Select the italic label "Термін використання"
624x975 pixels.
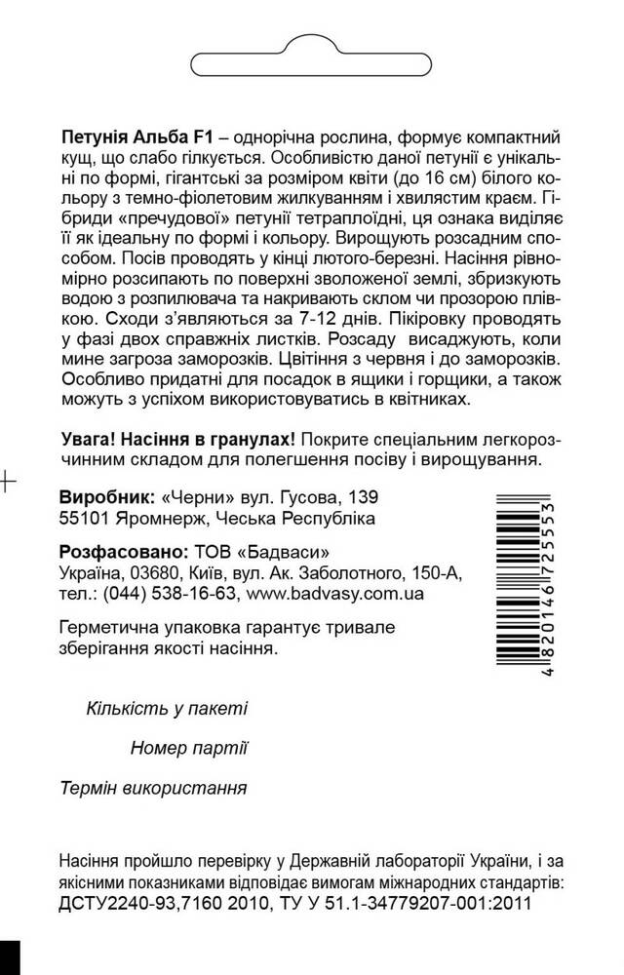pos(167,787)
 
